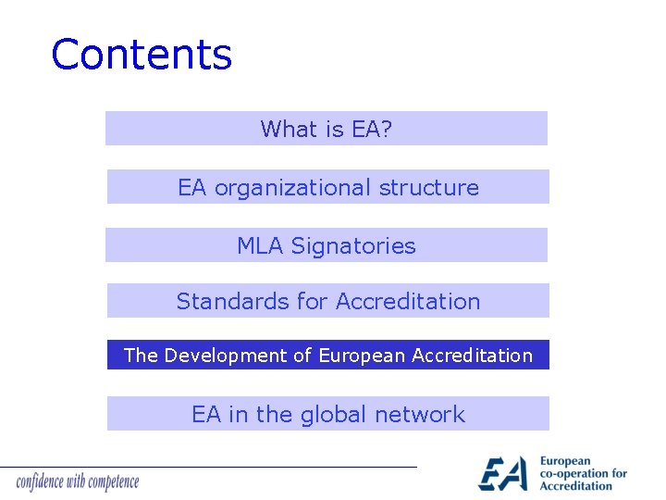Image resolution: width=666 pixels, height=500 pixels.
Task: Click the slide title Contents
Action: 142,56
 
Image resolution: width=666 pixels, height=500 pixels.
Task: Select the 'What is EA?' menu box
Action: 327,129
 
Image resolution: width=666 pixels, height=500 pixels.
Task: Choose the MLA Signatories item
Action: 327,245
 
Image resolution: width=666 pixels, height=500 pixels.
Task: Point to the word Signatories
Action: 353,246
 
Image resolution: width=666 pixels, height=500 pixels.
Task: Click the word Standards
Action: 221,302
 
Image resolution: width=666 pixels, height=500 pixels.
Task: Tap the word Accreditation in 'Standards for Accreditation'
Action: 408,302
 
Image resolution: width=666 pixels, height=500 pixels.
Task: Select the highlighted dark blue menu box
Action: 328,355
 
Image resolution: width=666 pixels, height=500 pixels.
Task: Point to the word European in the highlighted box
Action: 362,356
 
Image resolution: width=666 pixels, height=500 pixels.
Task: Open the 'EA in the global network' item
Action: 328,414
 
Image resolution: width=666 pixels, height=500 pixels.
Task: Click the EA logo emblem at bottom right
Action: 503,473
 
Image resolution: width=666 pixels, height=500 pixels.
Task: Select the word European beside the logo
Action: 564,461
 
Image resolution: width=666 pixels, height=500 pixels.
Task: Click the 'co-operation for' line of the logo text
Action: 583,473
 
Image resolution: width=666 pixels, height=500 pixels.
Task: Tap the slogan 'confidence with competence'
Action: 78,481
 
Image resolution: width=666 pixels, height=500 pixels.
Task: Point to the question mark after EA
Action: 386,130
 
